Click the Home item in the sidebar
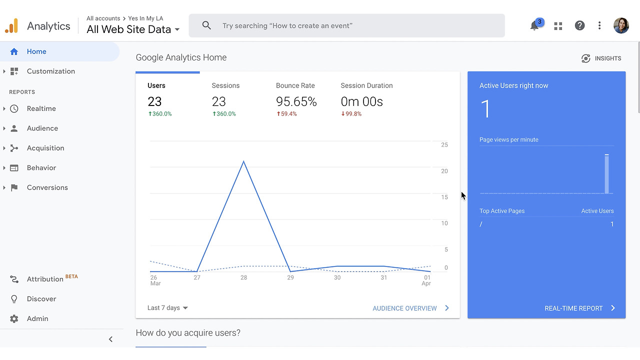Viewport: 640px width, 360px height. (36, 51)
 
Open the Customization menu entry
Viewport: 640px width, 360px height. (51, 71)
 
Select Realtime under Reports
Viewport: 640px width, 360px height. (41, 108)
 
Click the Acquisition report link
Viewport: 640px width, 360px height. (45, 148)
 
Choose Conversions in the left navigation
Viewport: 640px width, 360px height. (47, 187)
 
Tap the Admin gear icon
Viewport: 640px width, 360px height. (14, 318)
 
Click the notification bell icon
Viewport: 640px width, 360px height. (534, 25)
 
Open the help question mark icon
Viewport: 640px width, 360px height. (579, 25)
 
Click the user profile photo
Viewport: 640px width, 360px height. (621, 25)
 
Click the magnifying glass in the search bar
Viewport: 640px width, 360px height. (206, 25)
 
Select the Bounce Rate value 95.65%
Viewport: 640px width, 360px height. (296, 101)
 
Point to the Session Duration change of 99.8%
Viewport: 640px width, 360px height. (351, 113)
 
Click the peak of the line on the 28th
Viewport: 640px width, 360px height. (243, 161)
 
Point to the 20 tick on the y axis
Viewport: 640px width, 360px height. (444, 171)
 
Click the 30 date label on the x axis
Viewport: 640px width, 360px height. (337, 277)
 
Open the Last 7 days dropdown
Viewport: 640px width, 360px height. (167, 307)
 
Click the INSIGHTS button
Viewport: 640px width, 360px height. (601, 58)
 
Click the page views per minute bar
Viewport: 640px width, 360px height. (606, 173)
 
